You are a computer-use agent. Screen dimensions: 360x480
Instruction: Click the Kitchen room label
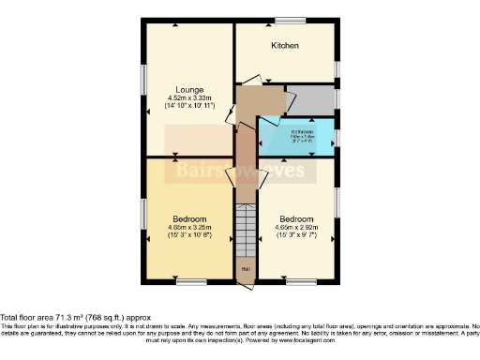[x=285, y=45]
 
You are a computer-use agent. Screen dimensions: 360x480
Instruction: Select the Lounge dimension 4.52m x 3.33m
[x=189, y=97]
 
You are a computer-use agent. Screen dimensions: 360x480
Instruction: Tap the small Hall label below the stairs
[x=245, y=269]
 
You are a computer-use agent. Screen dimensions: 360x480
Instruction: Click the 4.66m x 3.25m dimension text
[x=190, y=227]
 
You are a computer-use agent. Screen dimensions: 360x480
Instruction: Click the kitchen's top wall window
[x=290, y=21]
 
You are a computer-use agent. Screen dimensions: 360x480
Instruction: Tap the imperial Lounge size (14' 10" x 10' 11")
[x=189, y=106]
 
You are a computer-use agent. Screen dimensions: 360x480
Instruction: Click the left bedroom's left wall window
[x=142, y=215]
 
